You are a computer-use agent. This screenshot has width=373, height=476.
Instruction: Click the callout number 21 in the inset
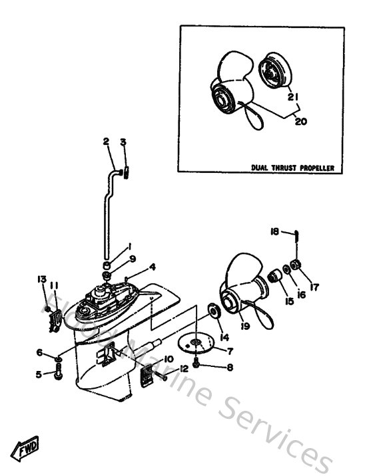[x=291, y=97]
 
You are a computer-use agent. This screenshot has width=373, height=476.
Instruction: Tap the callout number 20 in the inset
[x=300, y=121]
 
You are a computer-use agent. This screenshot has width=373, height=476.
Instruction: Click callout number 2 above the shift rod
[x=105, y=142]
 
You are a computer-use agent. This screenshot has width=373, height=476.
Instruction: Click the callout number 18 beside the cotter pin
[x=274, y=231]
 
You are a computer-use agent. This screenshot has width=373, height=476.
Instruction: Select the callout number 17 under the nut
[x=314, y=287]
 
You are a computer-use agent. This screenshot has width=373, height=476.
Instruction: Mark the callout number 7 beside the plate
[x=230, y=350]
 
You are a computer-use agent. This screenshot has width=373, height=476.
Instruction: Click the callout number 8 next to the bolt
[x=230, y=366]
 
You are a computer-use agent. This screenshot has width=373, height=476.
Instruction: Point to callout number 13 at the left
[x=41, y=279]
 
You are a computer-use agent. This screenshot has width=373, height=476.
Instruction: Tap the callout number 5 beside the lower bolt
[x=39, y=374]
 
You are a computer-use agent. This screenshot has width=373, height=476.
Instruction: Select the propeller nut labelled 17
[x=298, y=267]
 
